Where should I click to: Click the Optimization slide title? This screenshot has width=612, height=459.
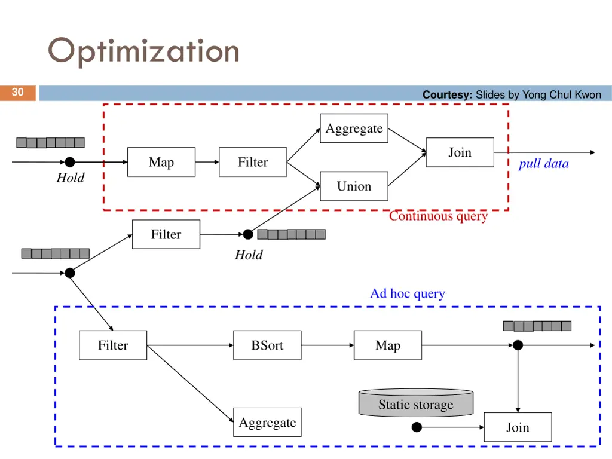point(143,51)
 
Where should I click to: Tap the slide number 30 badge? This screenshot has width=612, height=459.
point(18,92)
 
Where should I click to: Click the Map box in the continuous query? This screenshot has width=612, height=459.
point(161,162)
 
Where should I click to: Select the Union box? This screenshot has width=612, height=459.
point(354,186)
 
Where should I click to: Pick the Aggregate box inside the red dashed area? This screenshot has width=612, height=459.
point(354,128)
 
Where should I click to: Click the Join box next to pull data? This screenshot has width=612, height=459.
point(460,152)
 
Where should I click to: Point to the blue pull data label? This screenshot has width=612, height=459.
point(543,164)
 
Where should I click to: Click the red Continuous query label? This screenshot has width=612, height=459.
point(438,216)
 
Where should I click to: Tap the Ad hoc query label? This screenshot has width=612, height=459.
point(407,293)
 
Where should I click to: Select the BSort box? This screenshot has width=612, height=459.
point(267,345)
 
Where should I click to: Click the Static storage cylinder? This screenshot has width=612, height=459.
point(415,404)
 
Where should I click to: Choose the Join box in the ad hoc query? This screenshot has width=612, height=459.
point(518,427)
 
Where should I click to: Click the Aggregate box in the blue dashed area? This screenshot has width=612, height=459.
point(267,423)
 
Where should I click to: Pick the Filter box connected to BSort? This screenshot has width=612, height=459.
point(113,345)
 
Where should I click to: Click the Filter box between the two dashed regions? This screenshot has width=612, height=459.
point(166,234)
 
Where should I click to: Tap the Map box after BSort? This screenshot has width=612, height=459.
point(387,345)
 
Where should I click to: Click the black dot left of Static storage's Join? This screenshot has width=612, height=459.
point(417,427)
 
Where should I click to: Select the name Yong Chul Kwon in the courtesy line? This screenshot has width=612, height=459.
point(562,94)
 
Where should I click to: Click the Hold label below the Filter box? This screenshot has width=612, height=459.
point(249,255)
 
